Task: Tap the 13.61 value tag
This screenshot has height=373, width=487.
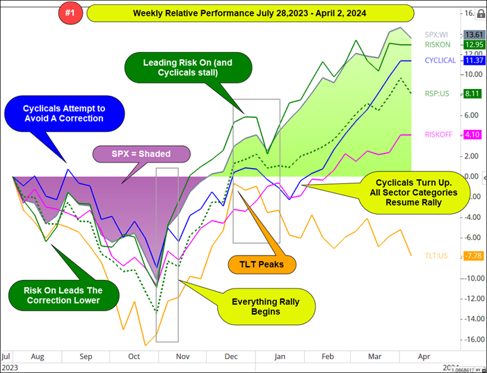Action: click(474, 34)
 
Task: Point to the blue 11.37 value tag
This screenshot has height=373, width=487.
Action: click(474, 60)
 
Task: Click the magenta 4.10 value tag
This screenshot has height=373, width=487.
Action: click(474, 135)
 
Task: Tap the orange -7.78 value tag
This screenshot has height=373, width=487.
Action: click(474, 256)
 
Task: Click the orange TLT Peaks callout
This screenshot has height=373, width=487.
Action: click(262, 265)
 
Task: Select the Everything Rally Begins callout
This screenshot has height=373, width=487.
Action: click(267, 306)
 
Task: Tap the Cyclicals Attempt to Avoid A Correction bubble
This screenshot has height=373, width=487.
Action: click(63, 113)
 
